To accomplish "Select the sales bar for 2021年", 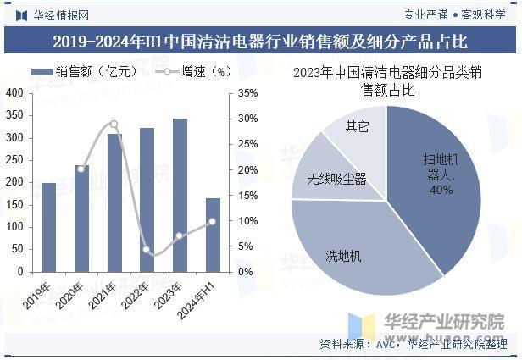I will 114,202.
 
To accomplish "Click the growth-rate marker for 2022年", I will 147,250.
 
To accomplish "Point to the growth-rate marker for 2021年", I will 114,124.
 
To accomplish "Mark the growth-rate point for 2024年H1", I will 213,221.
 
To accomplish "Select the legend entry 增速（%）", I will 195,73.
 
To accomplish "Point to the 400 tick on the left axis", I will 15,92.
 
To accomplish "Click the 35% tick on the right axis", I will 247,93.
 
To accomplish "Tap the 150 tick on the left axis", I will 15,205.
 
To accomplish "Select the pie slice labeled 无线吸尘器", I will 336,179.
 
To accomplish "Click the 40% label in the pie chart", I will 441,190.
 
